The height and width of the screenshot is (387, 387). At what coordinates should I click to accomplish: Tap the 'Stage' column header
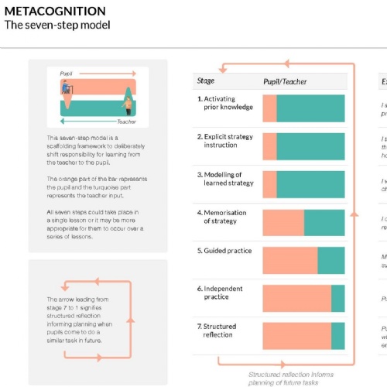pyautogui.click(x=206, y=80)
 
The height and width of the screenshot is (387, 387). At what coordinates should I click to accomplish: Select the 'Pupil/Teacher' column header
pyautogui.click(x=285, y=80)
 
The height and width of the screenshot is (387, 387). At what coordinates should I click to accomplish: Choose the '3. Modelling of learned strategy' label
pyautogui.click(x=224, y=179)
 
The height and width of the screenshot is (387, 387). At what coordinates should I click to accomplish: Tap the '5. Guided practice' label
pyautogui.click(x=224, y=251)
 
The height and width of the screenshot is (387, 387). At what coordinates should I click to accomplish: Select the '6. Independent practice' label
pyautogui.click(x=223, y=293)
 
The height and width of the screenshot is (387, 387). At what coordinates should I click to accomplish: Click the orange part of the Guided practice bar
pyautogui.click(x=289, y=260)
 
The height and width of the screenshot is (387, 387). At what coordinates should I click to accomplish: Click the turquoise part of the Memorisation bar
pyautogui.click(x=324, y=222)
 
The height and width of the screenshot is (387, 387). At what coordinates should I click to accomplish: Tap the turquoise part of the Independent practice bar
pyautogui.click(x=338, y=298)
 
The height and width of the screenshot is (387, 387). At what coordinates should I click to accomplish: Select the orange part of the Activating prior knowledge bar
pyautogui.click(x=269, y=108)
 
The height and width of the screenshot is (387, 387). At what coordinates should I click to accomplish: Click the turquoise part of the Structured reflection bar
pyautogui.click(x=338, y=335)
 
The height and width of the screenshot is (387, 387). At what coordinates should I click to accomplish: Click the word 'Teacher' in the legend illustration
pyautogui.click(x=126, y=122)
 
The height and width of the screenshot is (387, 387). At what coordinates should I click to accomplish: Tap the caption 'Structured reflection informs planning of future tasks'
pyautogui.click(x=292, y=378)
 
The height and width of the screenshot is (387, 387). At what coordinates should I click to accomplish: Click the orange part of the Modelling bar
pyautogui.click(x=269, y=184)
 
